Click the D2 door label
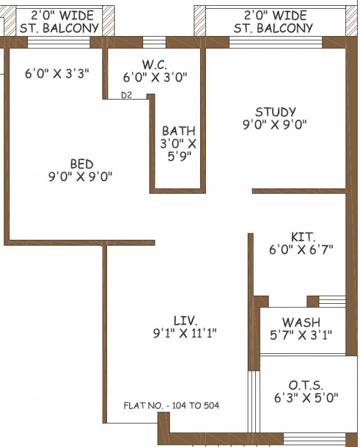(126, 95)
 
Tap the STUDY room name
(276, 112)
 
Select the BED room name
(82, 164)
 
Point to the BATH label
(179, 131)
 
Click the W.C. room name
(155, 65)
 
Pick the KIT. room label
(303, 237)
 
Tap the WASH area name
(301, 322)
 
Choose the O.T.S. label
(306, 385)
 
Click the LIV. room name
(186, 321)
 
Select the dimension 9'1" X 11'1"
(185, 333)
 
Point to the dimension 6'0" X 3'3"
(57, 73)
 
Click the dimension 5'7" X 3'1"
(301, 335)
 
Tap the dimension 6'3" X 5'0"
(306, 398)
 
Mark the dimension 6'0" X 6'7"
(301, 250)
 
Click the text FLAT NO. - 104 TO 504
(172, 405)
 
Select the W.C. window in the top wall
(154, 42)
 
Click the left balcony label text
(59, 22)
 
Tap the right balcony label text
(273, 22)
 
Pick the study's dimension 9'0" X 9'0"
(275, 125)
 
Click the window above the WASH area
(332, 301)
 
